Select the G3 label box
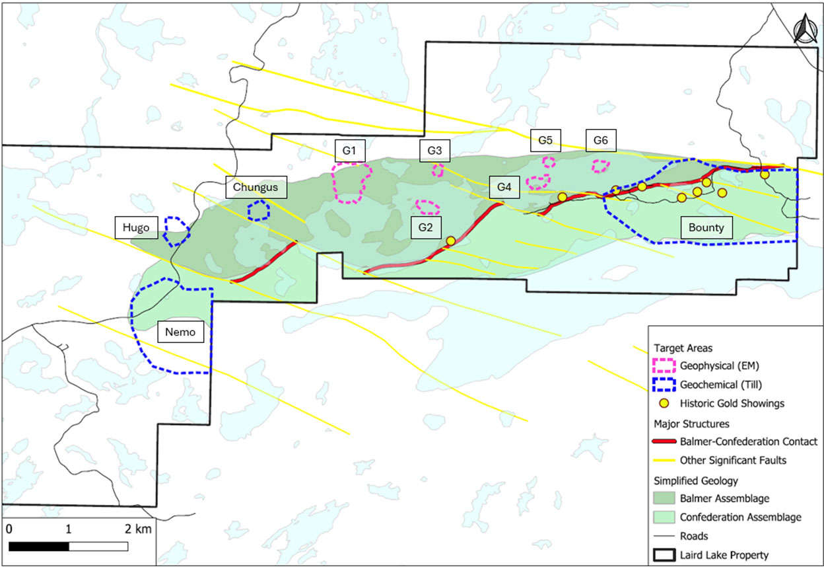point(434,151)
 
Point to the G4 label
point(504,187)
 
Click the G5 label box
point(545,140)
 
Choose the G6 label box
point(600,140)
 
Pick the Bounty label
point(706,228)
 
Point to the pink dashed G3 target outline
point(438,170)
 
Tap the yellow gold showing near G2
point(450,241)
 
